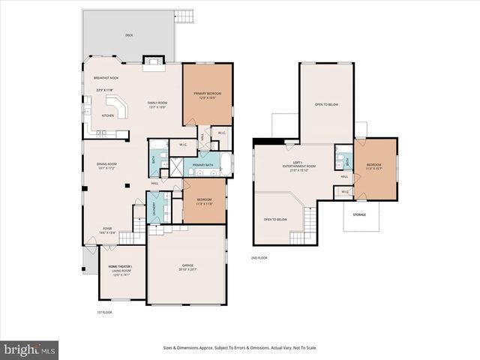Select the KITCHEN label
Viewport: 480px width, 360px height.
click(108, 115)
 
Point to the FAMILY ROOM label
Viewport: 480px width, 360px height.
click(157, 103)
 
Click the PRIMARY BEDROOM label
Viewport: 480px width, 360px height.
click(208, 94)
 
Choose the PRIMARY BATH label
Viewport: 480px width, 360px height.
click(202, 165)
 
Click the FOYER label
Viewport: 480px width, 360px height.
click(107, 229)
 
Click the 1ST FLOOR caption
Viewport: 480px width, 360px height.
click(104, 312)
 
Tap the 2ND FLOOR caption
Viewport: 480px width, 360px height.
click(259, 257)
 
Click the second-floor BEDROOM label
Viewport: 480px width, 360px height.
click(374, 165)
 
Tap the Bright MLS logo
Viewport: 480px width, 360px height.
click(30, 349)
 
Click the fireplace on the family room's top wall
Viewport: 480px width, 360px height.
click(153, 61)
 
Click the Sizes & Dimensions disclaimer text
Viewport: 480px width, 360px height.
click(240, 348)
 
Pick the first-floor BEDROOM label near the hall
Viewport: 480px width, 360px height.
click(205, 200)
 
